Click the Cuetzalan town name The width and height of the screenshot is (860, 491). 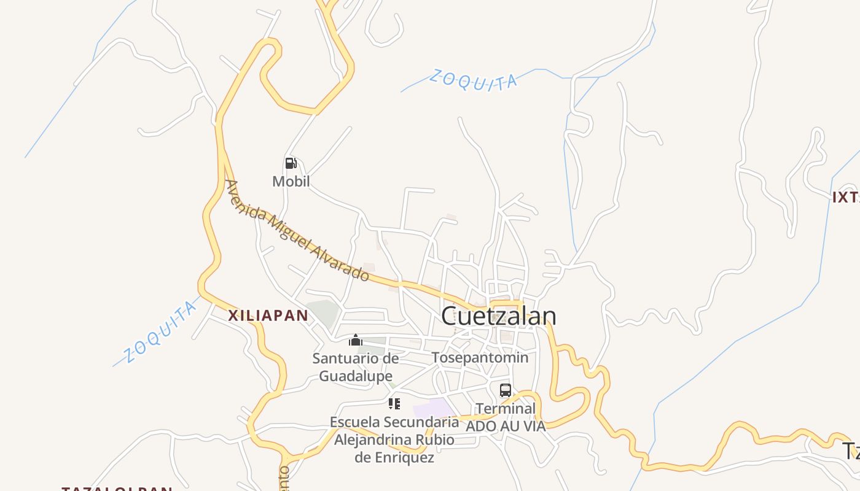pyautogui.click(x=499, y=316)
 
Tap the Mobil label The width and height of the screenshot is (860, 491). pyautogui.click(x=291, y=182)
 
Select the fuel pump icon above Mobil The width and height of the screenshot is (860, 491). pyautogui.click(x=291, y=163)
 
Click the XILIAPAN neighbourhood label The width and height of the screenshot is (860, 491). pyautogui.click(x=268, y=316)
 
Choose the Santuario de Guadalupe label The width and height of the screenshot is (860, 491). pyautogui.click(x=355, y=367)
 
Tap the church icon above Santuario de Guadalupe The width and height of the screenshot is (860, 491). pyautogui.click(x=356, y=341)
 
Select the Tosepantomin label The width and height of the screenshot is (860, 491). pyautogui.click(x=480, y=357)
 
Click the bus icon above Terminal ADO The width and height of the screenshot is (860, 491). pyautogui.click(x=505, y=390)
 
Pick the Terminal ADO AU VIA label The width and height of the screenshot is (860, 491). pyautogui.click(x=506, y=417)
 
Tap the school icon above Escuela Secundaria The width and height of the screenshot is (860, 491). pyautogui.click(x=394, y=404)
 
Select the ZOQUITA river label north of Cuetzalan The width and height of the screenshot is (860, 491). pyautogui.click(x=472, y=80)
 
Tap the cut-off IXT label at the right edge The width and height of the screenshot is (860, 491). pyautogui.click(x=845, y=198)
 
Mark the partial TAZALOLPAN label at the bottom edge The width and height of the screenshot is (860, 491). pyautogui.click(x=117, y=488)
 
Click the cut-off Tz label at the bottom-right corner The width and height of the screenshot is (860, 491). pyautogui.click(x=850, y=451)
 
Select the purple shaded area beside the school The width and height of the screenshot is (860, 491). pyautogui.click(x=434, y=408)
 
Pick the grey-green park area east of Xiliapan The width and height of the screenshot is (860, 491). pyautogui.click(x=322, y=313)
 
